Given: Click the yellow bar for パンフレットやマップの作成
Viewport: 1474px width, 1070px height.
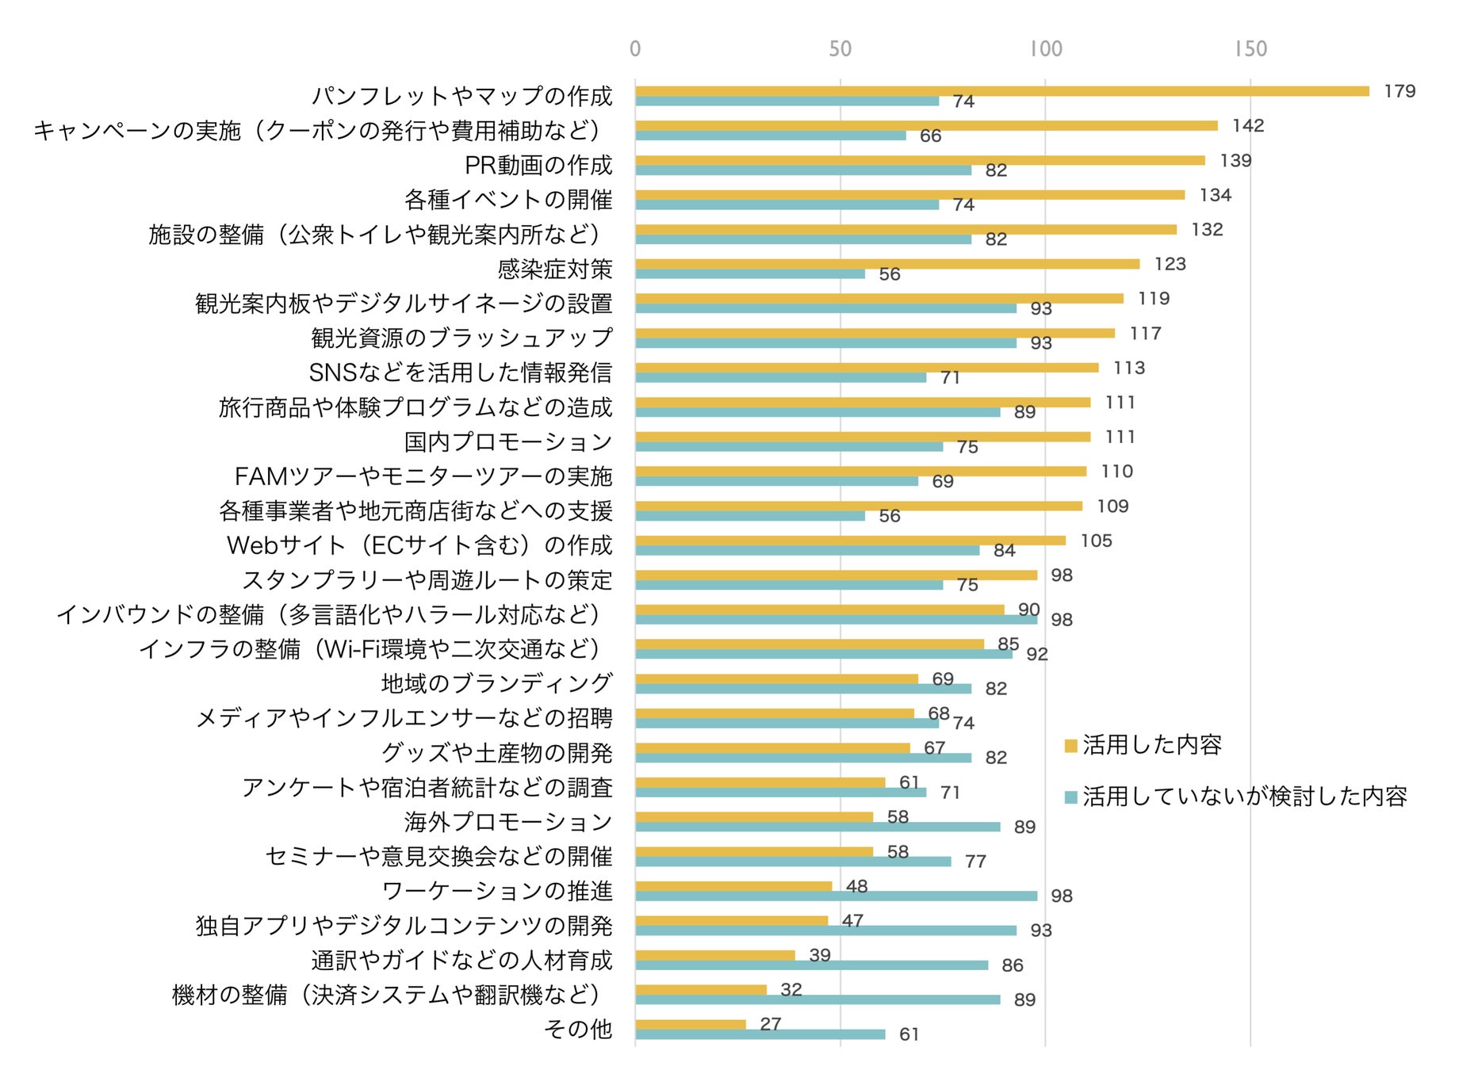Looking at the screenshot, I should [x=1001, y=91].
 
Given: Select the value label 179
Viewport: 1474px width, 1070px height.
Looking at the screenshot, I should [x=1399, y=91].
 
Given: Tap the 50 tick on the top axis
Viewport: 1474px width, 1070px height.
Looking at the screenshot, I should [x=840, y=49].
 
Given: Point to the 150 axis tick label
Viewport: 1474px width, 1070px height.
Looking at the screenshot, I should [x=1250, y=49].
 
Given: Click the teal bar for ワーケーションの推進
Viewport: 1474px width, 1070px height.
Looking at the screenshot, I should [x=836, y=896].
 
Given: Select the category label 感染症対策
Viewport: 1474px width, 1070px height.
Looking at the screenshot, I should [x=554, y=269].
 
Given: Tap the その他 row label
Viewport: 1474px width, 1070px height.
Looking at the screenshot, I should [x=577, y=1029].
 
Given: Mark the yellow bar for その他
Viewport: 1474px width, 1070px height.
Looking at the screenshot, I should [x=690, y=1024].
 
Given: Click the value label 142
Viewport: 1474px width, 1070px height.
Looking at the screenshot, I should [x=1247, y=126].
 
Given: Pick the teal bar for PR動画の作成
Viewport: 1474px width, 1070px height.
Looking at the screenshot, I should [x=802, y=170].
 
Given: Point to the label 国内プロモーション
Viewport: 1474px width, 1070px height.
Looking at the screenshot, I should [x=507, y=441].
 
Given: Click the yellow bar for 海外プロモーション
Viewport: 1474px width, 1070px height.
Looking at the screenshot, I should [x=753, y=817].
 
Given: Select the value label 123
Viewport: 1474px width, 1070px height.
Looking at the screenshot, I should [x=1170, y=264].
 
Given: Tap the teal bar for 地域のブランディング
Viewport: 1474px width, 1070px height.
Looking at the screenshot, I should [x=802, y=689].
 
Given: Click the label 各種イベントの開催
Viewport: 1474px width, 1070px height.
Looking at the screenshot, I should [x=507, y=200].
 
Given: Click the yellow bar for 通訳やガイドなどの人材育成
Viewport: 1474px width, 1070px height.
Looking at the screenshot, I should [x=714, y=955].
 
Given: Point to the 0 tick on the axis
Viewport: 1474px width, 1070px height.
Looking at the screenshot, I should [x=635, y=49].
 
